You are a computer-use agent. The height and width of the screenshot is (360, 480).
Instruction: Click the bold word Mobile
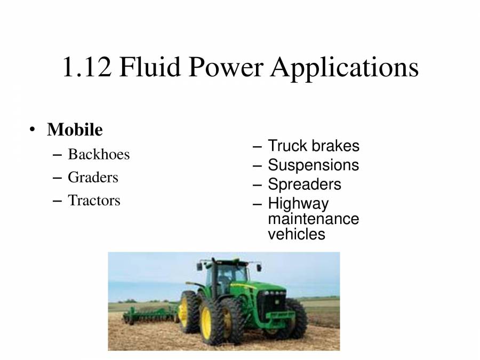75,130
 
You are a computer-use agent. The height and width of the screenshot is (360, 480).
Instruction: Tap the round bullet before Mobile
33,130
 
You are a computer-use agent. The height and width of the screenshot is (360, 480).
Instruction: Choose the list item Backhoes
99,155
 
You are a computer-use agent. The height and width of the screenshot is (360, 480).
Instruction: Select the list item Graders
93,177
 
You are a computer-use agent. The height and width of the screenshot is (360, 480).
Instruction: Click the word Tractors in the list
94,201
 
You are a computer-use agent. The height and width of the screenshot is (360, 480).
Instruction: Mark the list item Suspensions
313,165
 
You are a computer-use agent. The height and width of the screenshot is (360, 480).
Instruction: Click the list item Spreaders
305,185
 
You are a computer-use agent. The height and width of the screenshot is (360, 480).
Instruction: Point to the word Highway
298,204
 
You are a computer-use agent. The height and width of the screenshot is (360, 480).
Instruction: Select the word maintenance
313,219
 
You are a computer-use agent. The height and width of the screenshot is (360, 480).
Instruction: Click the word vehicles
296,234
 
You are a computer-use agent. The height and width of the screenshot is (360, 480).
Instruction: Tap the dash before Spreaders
258,185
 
